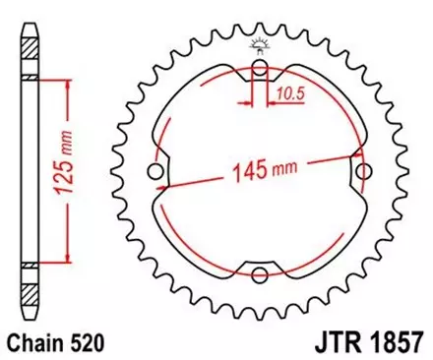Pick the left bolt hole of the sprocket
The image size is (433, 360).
tap(155, 173)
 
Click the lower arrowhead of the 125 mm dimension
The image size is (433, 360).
tap(67, 261)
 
